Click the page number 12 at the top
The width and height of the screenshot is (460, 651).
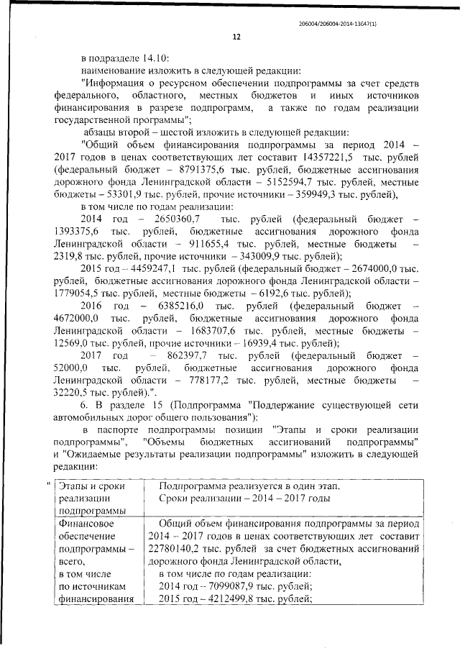(235, 37)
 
